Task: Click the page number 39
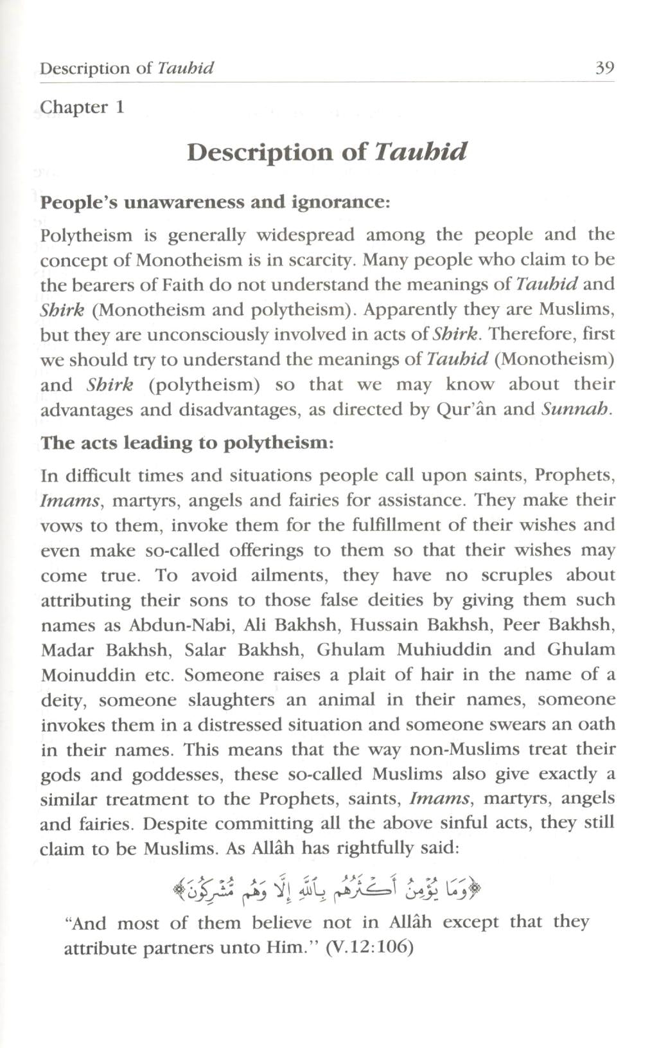(604, 68)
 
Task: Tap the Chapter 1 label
(82, 107)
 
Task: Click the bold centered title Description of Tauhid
(327, 152)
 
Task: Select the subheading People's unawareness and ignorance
(215, 203)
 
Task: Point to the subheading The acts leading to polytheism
(187, 443)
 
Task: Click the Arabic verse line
(327, 890)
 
